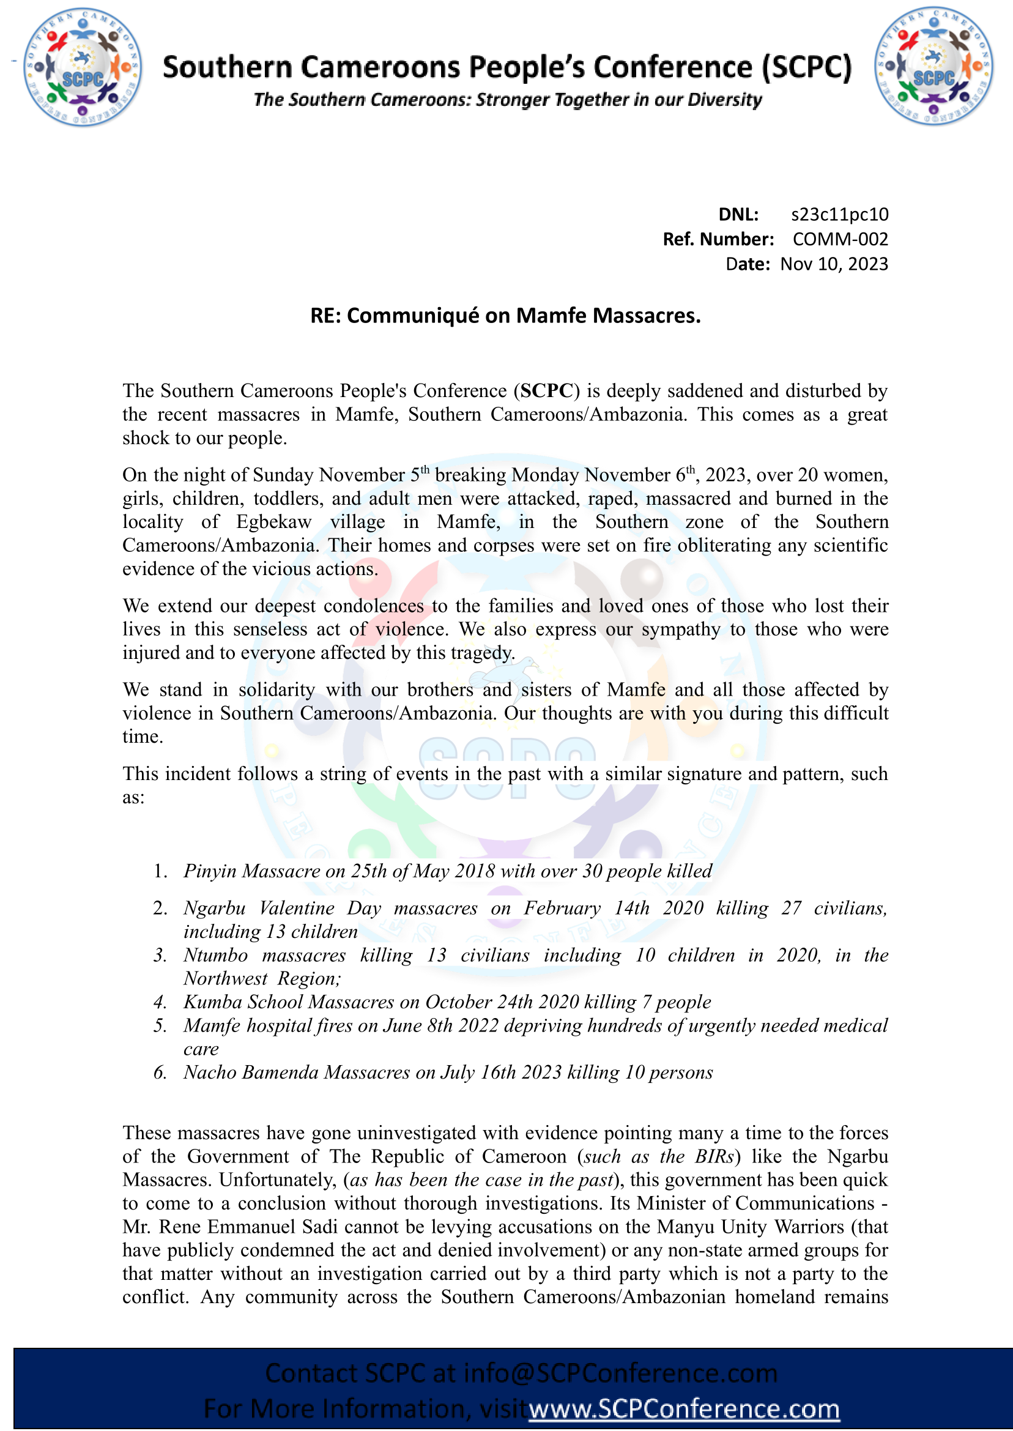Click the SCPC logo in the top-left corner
pyautogui.click(x=83, y=67)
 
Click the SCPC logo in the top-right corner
pyautogui.click(x=933, y=66)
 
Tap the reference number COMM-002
pyautogui.click(x=840, y=239)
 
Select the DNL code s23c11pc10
pyautogui.click(x=840, y=215)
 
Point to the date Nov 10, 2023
pyautogui.click(x=834, y=264)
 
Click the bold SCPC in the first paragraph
pyautogui.click(x=547, y=390)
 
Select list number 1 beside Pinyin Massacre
pyautogui.click(x=160, y=871)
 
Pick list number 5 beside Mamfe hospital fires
pyautogui.click(x=160, y=1025)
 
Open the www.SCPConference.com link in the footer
pyautogui.click(x=685, y=1408)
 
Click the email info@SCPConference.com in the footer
pyautogui.click(x=620, y=1373)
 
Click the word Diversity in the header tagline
pyautogui.click(x=724, y=100)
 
